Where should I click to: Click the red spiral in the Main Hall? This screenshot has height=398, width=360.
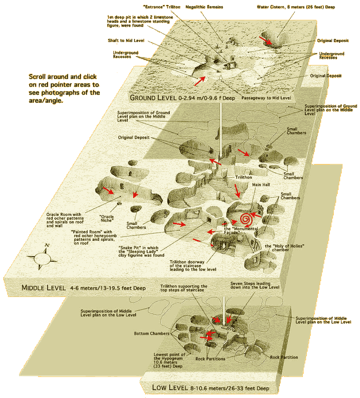pos(246,219)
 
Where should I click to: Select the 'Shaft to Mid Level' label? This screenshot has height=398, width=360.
pos(126,40)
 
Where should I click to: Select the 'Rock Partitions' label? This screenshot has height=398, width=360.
pos(210,359)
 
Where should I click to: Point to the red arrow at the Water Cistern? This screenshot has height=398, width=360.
pos(266,39)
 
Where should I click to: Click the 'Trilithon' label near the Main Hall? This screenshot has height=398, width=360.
pos(243,178)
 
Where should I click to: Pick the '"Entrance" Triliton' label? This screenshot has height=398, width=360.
pos(169,7)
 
